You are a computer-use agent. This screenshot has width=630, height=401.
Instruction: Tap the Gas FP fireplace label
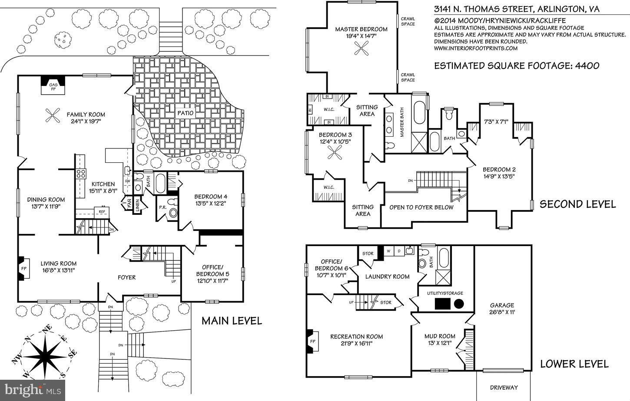click(x=53, y=87)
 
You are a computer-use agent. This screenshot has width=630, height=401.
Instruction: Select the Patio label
click(x=185, y=113)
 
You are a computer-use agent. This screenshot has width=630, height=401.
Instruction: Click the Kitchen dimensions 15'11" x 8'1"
click(x=102, y=191)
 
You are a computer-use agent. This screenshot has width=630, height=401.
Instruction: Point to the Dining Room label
click(x=46, y=200)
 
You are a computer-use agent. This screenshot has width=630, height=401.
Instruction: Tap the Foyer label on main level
click(x=126, y=277)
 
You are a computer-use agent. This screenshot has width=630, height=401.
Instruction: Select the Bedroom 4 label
click(x=211, y=197)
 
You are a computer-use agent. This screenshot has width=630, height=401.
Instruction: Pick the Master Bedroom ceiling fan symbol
click(x=361, y=50)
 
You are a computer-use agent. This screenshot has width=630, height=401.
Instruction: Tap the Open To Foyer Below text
click(x=421, y=207)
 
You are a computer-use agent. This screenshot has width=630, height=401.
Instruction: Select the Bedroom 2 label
click(x=499, y=169)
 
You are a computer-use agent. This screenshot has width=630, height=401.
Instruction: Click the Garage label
click(x=502, y=305)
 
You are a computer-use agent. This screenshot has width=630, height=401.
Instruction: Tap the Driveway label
click(x=504, y=387)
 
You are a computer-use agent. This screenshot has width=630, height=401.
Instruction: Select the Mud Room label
click(x=440, y=336)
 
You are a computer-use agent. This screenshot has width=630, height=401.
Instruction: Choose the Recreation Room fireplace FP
click(x=312, y=341)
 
